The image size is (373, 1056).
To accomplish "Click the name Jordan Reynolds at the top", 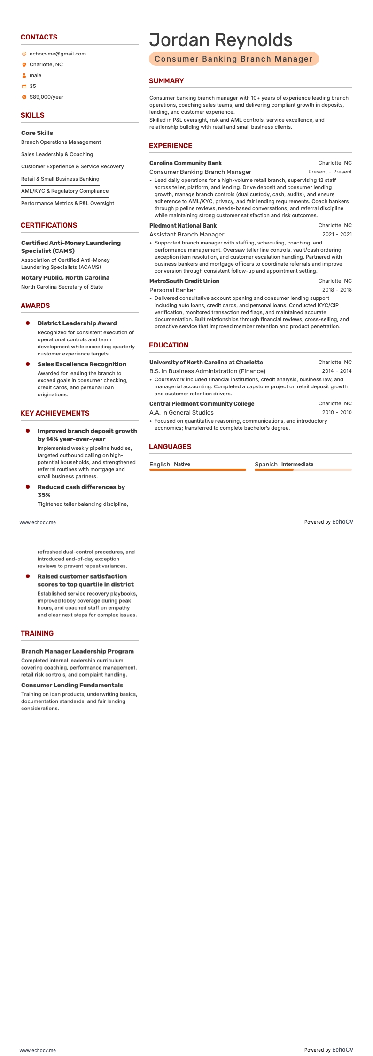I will pyautogui.click(x=220, y=40).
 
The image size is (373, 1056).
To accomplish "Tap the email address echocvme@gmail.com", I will pyautogui.click(x=57, y=54).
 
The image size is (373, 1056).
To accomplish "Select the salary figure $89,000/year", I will pyautogui.click(x=46, y=97).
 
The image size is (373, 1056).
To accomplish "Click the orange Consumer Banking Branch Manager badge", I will pyautogui.click(x=233, y=59).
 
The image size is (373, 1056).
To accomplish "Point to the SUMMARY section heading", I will pyautogui.click(x=166, y=81).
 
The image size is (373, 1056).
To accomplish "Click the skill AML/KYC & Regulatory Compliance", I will pyautogui.click(x=65, y=191).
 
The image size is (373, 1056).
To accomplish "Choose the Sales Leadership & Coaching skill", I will pyautogui.click(x=57, y=154).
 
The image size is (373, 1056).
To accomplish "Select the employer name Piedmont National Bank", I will pyautogui.click(x=183, y=226).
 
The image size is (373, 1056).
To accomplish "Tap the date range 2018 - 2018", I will pyautogui.click(x=336, y=290).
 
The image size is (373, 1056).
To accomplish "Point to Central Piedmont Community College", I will pyautogui.click(x=202, y=404).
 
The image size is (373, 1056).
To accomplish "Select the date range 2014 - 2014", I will pyautogui.click(x=336, y=371).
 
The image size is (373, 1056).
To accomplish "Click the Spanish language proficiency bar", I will pyautogui.click(x=303, y=470).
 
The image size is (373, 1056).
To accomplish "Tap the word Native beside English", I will pyautogui.click(x=182, y=464).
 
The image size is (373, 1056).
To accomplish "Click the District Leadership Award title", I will pyautogui.click(x=77, y=323).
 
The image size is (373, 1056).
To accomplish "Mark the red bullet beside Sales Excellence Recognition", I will pyautogui.click(x=28, y=364).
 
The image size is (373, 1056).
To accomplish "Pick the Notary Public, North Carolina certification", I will pyautogui.click(x=65, y=278).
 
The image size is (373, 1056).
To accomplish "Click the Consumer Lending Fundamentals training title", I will pyautogui.click(x=72, y=685).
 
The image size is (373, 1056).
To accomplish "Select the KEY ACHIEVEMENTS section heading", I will pyautogui.click(x=55, y=413).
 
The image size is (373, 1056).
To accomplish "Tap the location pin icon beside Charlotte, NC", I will pyautogui.click(x=24, y=65).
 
